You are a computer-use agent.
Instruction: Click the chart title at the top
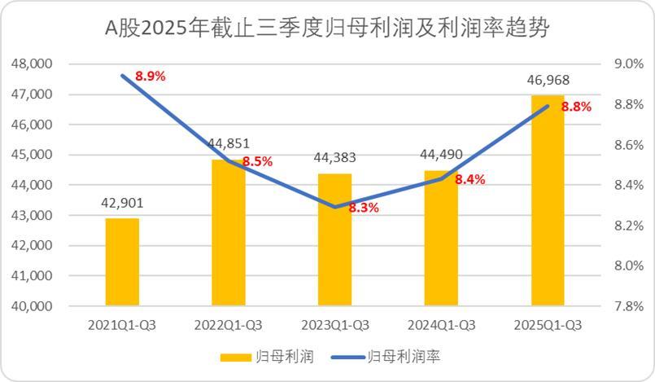pyautogui.click(x=328, y=29)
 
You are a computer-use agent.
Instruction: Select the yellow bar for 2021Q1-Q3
pyautogui.click(x=122, y=261)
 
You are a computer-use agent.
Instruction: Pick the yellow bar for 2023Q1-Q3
pyautogui.click(x=334, y=239)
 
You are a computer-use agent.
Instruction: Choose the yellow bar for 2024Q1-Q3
pyautogui.click(x=441, y=238)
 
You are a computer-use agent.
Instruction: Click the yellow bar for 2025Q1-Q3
pyautogui.click(x=547, y=200)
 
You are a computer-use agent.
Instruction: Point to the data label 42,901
pyautogui.click(x=122, y=203)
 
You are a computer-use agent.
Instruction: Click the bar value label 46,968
pyautogui.click(x=548, y=80)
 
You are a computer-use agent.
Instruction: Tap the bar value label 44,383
pyautogui.click(x=334, y=158)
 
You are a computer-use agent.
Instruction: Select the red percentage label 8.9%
pyautogui.click(x=151, y=76)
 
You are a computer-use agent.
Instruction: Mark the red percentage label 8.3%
pyautogui.click(x=364, y=208)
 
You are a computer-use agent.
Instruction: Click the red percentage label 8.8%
pyautogui.click(x=576, y=106)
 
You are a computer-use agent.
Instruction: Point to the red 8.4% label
pyautogui.click(x=469, y=180)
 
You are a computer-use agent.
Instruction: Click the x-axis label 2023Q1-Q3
pyautogui.click(x=334, y=325)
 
